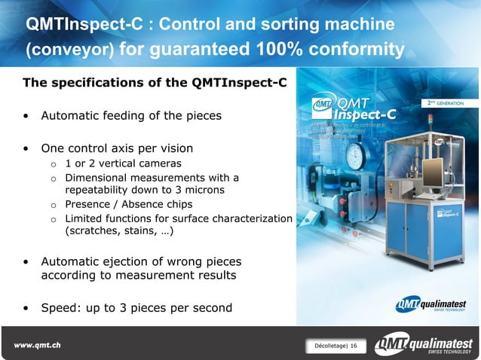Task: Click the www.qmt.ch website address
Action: pos(37,345)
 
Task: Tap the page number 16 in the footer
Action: pos(354,346)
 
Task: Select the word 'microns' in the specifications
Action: pos(204,190)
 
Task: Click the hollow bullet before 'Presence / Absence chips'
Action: pos(54,204)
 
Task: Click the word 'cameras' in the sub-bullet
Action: pos(158,163)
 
